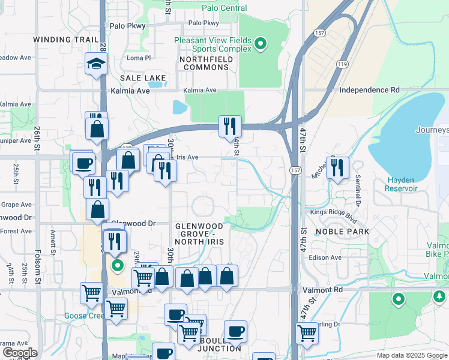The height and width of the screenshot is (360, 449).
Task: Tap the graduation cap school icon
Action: click(96, 63)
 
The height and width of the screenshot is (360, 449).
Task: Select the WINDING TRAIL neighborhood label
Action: click(65, 39)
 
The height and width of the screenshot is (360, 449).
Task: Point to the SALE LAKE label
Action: click(143, 78)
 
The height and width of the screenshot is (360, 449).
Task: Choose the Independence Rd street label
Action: click(369, 90)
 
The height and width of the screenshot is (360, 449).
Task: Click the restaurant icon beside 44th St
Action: click(230, 126)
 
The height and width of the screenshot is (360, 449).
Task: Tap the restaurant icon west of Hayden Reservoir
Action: click(337, 167)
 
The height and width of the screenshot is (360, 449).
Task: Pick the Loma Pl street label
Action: click(139, 58)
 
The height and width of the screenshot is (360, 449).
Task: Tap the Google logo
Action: click(19, 353)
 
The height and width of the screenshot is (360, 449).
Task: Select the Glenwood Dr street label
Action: click(134, 223)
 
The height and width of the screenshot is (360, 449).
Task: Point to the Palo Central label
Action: click(224, 8)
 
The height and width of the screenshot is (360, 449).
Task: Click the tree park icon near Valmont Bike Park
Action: click(440, 296)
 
